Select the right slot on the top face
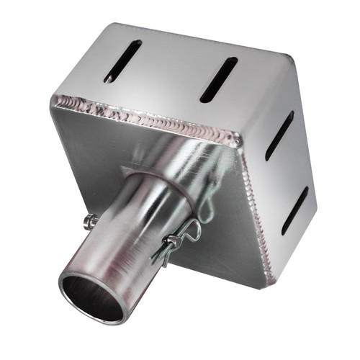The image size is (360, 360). coord(218,79)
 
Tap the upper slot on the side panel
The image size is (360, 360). coord(279,135)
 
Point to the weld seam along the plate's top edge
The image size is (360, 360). coord(144,115)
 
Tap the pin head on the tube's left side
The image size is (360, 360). coord(89,220)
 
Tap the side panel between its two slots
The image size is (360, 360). coord(288,173)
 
